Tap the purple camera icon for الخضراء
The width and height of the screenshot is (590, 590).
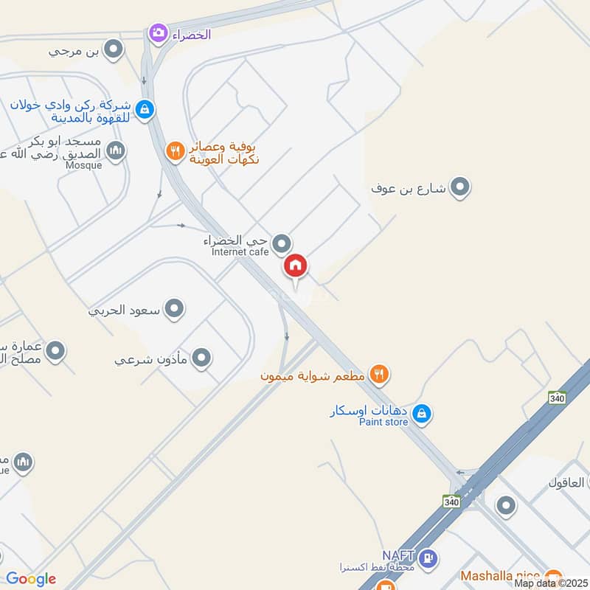click(x=157, y=32)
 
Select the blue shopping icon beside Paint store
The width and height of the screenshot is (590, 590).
click(x=421, y=414)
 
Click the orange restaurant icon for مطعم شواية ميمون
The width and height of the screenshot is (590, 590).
click(x=378, y=375)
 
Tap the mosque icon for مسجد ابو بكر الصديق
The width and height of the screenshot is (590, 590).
click(x=116, y=152)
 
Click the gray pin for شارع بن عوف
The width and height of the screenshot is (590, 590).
click(x=460, y=187)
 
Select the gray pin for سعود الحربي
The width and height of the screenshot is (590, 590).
click(x=174, y=309)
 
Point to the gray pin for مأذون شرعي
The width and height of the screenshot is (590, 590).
click(x=201, y=359)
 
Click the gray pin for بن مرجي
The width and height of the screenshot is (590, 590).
click(x=113, y=50)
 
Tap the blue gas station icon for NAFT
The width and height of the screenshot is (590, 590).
click(x=427, y=557)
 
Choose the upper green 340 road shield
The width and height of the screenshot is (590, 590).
click(x=557, y=398)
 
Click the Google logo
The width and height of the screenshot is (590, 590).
click(x=30, y=579)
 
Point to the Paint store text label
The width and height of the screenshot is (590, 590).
click(x=383, y=422)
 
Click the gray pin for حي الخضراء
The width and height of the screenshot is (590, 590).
click(x=281, y=243)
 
